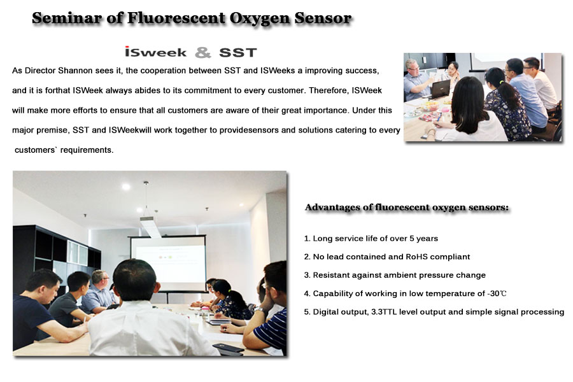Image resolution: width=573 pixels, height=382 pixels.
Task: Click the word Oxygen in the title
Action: [260, 18]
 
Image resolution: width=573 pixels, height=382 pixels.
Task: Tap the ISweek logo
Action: [156, 52]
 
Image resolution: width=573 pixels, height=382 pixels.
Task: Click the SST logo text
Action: [238, 53]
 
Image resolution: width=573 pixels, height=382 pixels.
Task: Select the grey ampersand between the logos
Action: [203, 52]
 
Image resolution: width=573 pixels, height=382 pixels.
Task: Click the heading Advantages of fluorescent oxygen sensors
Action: [407, 208]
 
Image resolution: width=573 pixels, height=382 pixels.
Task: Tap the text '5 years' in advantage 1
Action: [423, 238]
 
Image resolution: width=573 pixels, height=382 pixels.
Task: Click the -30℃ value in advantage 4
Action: [497, 294]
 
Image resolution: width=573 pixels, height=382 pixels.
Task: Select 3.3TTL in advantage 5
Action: [384, 312]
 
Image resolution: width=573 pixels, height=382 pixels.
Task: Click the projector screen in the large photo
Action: [168, 263]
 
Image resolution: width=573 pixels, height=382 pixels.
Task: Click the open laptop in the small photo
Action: [439, 89]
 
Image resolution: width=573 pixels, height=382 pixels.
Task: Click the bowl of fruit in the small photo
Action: [430, 107]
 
